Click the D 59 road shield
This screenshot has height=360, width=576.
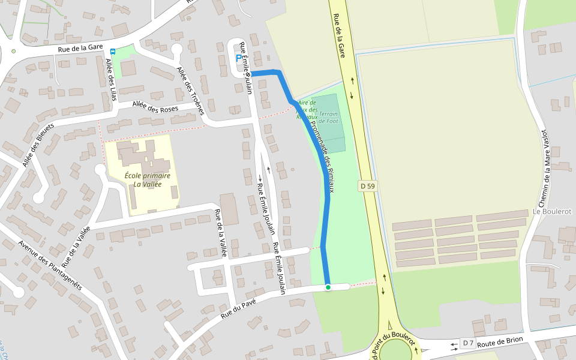368,187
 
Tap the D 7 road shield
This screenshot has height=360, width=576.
468,343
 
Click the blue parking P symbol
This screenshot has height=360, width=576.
238,59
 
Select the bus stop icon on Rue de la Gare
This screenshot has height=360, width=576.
113,52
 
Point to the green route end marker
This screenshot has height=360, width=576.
328,287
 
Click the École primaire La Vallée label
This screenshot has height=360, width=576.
148,180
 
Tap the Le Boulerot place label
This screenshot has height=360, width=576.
552,212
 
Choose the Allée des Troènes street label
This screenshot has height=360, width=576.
191,90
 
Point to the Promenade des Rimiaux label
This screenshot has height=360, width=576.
322,153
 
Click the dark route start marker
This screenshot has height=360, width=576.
247,74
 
